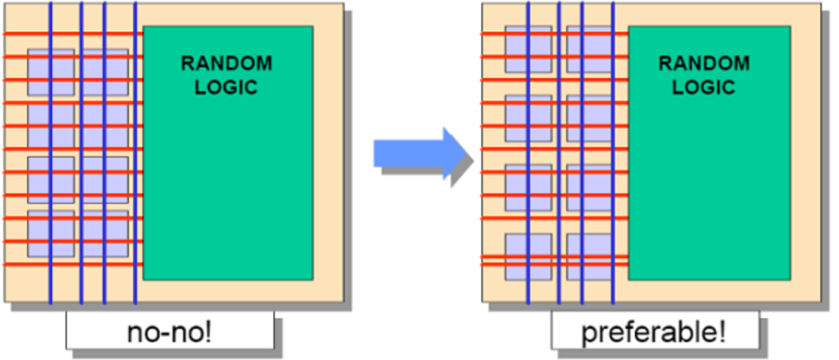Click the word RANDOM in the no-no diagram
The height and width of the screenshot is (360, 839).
point(226,63)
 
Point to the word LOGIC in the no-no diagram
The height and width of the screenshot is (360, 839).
point(226,87)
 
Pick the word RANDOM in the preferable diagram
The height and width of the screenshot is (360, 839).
point(704,63)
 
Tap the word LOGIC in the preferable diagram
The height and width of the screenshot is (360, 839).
point(704,87)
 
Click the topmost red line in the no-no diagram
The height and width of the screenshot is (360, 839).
point(18,34)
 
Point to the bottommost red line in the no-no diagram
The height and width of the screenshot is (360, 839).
point(18,264)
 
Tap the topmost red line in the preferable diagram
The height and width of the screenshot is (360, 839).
point(494,34)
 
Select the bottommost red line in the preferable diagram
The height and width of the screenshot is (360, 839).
point(494,264)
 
